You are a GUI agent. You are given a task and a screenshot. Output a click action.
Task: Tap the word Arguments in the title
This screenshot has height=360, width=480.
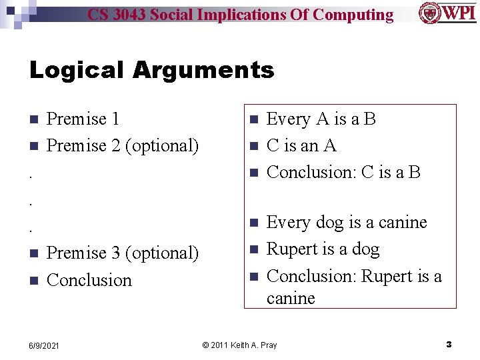click(x=203, y=70)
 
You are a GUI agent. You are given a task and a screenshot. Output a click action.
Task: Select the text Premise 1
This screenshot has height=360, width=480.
click(x=83, y=119)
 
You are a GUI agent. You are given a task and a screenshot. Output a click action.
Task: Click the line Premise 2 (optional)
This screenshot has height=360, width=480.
click(x=123, y=146)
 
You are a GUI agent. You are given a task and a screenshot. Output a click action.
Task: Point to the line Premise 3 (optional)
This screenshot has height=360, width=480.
click(x=123, y=253)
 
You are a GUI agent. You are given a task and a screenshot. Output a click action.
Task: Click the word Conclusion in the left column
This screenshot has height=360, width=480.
click(x=89, y=281)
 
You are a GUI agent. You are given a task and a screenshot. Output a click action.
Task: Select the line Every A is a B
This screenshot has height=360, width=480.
click(x=321, y=119)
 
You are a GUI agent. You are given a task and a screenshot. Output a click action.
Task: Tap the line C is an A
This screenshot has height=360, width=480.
click(x=301, y=146)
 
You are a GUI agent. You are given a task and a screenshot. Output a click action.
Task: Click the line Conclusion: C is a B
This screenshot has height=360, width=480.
click(x=343, y=173)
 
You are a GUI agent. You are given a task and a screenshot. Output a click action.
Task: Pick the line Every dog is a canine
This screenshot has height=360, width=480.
click(x=346, y=223)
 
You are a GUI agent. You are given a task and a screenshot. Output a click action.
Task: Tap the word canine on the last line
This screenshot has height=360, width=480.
click(x=291, y=299)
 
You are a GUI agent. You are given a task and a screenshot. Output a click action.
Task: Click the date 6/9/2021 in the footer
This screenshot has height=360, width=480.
click(x=43, y=345)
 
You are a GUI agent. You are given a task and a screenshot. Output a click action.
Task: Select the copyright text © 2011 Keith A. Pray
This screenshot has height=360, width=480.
click(x=239, y=345)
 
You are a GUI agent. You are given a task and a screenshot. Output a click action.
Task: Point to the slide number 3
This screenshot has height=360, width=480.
click(x=449, y=345)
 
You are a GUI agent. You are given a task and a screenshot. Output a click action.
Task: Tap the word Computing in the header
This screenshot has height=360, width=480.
click(x=353, y=15)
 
